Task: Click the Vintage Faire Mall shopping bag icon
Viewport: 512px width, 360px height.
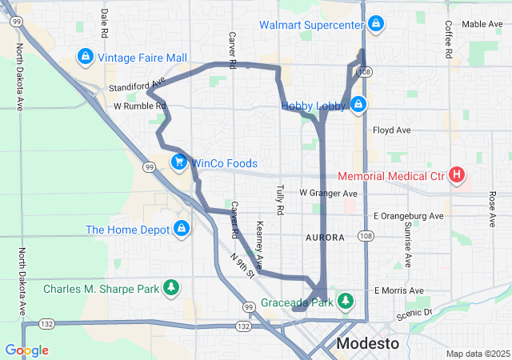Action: (x=85, y=58)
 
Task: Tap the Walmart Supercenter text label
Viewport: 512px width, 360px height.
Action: (x=310, y=25)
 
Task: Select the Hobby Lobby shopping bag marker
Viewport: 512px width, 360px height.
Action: (x=359, y=104)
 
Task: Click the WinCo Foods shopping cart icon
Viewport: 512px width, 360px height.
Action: (x=180, y=162)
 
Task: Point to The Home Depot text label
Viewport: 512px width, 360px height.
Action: (x=127, y=230)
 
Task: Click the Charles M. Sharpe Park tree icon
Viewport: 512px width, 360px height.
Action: (x=170, y=288)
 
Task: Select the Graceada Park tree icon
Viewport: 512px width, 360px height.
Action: (x=346, y=302)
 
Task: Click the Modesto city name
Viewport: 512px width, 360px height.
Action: (x=367, y=343)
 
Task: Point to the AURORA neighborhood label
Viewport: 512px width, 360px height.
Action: (x=325, y=238)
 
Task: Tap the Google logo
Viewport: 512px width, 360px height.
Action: (x=26, y=350)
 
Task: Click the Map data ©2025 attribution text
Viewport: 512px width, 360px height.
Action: (x=477, y=354)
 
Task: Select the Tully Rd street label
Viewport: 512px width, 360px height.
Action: (x=280, y=199)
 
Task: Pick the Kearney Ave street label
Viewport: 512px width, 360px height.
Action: (x=260, y=240)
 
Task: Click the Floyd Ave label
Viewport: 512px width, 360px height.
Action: (x=392, y=130)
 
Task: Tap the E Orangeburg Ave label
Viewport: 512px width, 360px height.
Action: (x=408, y=216)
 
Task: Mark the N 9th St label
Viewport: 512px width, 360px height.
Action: (x=242, y=266)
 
